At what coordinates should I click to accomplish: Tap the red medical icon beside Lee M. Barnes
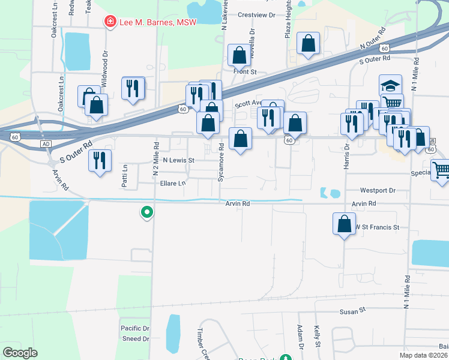tap(110, 22)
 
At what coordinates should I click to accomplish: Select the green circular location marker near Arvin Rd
tap(146, 212)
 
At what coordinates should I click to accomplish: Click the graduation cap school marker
tap(390, 85)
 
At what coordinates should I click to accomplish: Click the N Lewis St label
tap(179, 160)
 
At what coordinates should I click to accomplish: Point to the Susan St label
tap(353, 311)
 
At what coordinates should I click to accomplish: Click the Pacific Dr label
tap(135, 328)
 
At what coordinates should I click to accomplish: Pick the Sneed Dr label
tap(135, 339)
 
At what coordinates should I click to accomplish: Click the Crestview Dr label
tap(256, 14)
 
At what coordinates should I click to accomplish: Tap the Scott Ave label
tap(248, 103)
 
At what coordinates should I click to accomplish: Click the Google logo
tap(20, 352)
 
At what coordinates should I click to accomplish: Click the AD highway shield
tap(46, 145)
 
